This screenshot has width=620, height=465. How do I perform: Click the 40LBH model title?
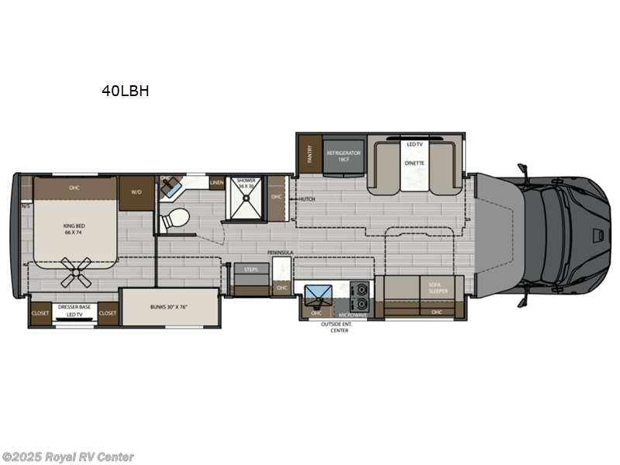pyautogui.click(x=125, y=91)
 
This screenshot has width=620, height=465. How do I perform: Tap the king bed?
pyautogui.click(x=74, y=229)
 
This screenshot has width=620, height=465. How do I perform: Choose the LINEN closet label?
pyautogui.click(x=218, y=183)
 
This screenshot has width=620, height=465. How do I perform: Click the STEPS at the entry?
pyautogui.click(x=251, y=270)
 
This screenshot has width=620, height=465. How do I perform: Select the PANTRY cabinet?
pyautogui.click(x=310, y=154)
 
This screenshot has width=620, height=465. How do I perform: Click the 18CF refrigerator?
pyautogui.click(x=343, y=156)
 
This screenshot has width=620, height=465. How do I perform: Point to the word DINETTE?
pyautogui.click(x=414, y=164)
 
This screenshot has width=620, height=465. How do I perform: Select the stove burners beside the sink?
pyautogui.click(x=359, y=294)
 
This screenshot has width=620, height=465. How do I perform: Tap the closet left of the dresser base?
pyautogui.click(x=40, y=313)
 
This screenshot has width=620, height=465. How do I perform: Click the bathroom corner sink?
pyautogui.click(x=171, y=187)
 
